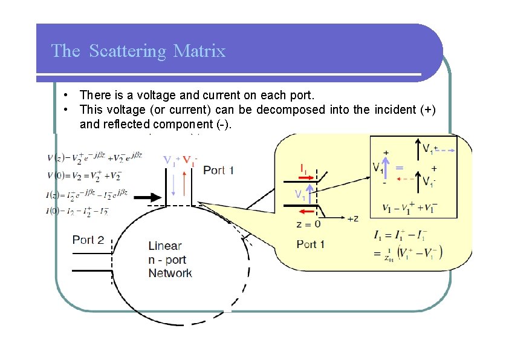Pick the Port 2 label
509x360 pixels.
pyautogui.click(x=88, y=240)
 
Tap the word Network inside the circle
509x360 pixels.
pyautogui.click(x=170, y=273)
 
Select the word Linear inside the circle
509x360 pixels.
pyautogui.click(x=164, y=246)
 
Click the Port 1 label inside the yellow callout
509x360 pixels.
pyautogui.click(x=311, y=244)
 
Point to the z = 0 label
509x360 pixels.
pyautogui.click(x=309, y=224)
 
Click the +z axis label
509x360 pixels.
pyautogui.click(x=352, y=219)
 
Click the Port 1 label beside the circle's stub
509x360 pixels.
pyautogui.click(x=218, y=170)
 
